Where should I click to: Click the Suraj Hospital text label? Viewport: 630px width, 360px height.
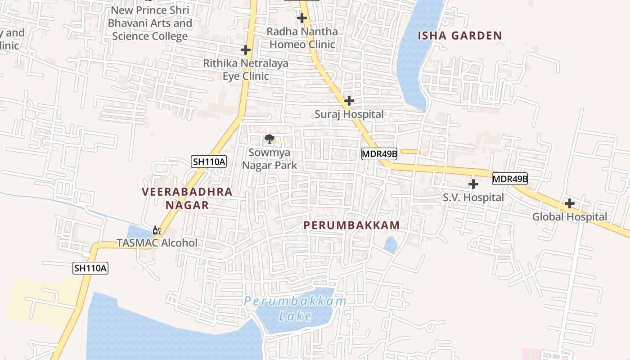pos(349,114)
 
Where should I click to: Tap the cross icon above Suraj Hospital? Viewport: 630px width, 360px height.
pos(349,100)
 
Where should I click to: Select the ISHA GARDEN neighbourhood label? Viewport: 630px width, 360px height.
pos(459,36)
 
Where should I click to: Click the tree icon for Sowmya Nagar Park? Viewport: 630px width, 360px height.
pos(269,139)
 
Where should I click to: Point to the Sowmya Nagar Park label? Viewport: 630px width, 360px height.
pos(270,159)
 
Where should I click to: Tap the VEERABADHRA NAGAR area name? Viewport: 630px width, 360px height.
pos(187,198)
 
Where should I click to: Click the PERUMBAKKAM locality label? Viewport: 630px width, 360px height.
pos(351,225)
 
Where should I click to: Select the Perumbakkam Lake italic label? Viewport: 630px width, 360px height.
pos(295,309)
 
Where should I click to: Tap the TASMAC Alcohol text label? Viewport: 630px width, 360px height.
pos(157,243)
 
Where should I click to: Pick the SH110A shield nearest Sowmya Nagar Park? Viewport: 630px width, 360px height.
pos(208,162)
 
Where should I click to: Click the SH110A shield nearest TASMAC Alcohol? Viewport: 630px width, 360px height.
pos(90,269)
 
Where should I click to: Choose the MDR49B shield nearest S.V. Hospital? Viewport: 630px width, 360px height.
pos(509,179)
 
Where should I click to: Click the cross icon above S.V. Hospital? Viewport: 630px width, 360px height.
pos(473,184)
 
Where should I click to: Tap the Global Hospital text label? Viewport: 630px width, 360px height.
pos(569,217)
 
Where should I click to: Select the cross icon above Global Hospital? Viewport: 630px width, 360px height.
pos(569,203)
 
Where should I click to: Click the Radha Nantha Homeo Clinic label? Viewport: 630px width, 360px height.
pos(302,38)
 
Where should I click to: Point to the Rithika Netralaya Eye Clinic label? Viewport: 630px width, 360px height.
pos(246,70)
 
